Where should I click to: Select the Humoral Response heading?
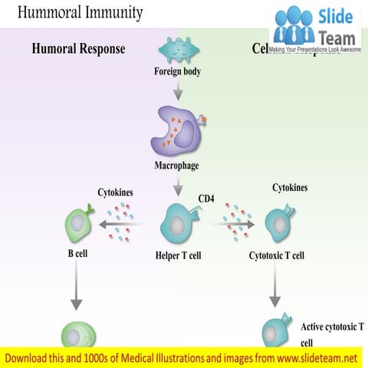[78, 49]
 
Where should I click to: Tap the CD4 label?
[206, 199]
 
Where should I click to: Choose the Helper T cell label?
[178, 255]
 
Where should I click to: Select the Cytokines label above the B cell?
[116, 192]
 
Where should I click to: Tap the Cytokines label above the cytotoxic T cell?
[291, 187]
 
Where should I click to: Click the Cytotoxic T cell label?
[277, 255]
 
